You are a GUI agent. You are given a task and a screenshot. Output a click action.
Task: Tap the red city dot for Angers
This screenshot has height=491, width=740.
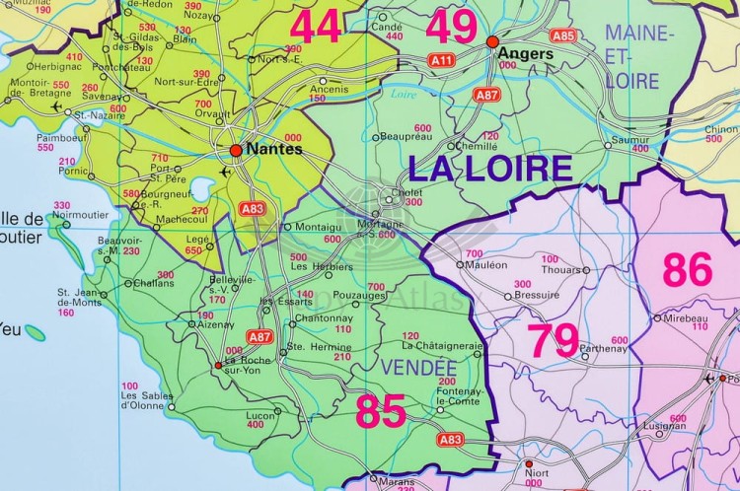tap(492, 41)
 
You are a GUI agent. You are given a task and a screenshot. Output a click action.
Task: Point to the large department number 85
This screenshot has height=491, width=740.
tap(380, 412)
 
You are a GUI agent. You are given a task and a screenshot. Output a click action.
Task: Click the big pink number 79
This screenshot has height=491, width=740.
tap(553, 340)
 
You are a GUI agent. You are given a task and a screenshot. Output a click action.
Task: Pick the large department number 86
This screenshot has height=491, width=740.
tap(688, 269)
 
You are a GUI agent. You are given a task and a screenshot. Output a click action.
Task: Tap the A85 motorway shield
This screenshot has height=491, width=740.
tap(563, 35)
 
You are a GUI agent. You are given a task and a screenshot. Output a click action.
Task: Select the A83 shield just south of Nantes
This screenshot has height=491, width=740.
tap(253, 208)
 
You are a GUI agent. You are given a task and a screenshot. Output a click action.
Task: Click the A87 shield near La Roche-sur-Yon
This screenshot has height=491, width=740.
tap(259, 336)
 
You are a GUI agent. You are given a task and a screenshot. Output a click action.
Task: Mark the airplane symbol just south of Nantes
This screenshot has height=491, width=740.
tap(227, 173)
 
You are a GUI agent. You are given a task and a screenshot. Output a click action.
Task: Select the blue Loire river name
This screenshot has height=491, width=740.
tap(403, 95)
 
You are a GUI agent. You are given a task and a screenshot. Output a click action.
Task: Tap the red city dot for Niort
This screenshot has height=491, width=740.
tap(529, 463)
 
